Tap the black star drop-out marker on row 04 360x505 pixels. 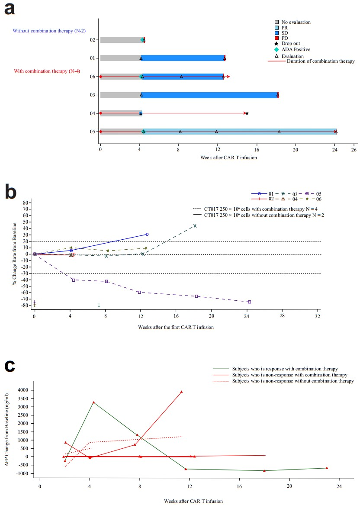point(247,113)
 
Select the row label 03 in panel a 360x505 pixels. point(92,95)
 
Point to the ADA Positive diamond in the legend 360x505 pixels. point(277,50)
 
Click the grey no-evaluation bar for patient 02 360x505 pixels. point(120,40)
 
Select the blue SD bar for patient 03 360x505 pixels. point(209,95)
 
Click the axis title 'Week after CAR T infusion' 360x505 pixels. point(228,157)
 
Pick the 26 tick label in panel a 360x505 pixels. point(354,150)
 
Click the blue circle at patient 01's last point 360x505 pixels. point(147,234)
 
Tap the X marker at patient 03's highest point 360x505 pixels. point(195,225)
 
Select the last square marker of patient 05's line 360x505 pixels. point(249,302)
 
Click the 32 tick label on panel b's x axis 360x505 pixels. point(318,317)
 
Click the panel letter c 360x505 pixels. point(11,366)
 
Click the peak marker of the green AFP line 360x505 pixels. point(93,402)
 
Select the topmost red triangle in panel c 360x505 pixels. point(181,392)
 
